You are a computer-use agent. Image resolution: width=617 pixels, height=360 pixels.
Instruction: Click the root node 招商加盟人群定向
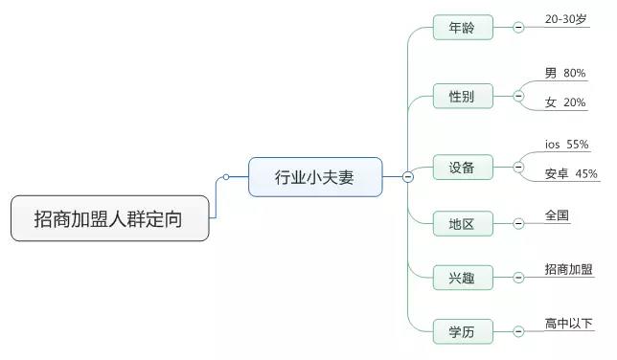(109, 219)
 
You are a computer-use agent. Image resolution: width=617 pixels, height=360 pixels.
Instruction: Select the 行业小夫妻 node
(314, 177)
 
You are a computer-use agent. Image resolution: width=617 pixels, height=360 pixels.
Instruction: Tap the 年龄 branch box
(462, 28)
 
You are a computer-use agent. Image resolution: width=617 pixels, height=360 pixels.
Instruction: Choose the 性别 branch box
(462, 97)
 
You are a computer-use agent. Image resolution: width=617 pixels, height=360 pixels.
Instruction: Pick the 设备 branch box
(462, 169)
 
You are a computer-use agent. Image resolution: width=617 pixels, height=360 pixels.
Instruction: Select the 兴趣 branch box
(462, 279)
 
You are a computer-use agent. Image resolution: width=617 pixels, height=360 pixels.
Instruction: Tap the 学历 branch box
(462, 332)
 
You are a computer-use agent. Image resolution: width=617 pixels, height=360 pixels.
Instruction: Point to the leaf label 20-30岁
(566, 19)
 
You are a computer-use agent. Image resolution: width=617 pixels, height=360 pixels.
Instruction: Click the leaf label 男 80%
(564, 73)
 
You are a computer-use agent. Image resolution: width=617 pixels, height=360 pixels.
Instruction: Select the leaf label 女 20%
(564, 102)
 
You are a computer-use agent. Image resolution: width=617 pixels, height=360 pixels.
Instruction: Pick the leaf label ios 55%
(566, 145)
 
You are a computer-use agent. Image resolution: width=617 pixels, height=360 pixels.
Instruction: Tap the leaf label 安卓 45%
(570, 174)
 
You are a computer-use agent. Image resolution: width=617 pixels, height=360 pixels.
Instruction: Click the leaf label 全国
(557, 215)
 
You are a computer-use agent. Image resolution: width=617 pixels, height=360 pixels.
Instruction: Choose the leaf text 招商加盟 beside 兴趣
(567, 270)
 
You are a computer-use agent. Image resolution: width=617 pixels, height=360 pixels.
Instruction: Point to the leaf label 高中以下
(568, 324)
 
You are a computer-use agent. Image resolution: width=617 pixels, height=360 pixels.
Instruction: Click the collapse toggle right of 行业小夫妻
(407, 176)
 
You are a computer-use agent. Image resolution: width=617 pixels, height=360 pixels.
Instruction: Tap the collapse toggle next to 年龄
(518, 28)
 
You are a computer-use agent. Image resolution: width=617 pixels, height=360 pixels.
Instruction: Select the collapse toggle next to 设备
(518, 168)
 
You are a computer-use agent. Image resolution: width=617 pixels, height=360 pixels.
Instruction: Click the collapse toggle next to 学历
(518, 332)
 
